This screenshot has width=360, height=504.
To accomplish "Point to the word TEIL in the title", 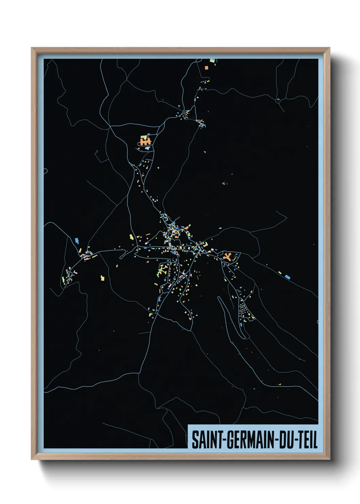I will pos(308,440).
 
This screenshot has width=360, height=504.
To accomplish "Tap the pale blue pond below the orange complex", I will pos(147,148).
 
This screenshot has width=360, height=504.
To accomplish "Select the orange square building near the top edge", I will pos(206,68).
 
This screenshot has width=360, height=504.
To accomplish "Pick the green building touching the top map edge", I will pos(213,61).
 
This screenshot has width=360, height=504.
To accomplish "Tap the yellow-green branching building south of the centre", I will pos(162,270).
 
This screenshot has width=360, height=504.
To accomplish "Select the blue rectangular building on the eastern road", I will pos(288,277).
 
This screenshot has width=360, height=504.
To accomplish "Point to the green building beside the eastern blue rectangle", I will pos(280,273).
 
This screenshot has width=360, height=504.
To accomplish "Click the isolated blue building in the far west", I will pos(77,240).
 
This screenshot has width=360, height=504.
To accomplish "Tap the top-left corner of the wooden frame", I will pos(32,48).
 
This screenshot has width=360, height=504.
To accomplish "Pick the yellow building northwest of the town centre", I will pos(131,237).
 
